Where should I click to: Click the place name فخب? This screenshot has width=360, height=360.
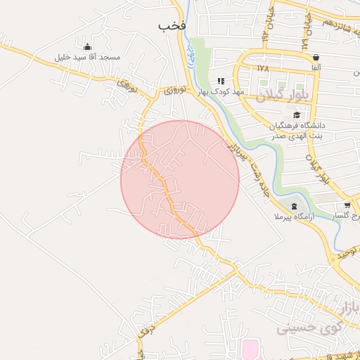(172, 25)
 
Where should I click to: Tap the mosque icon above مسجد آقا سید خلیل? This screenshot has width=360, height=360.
(86, 46)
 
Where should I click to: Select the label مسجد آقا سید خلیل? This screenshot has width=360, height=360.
(90, 56)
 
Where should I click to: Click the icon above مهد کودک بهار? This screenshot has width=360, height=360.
(221, 82)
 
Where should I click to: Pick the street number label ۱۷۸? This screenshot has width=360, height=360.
(263, 69)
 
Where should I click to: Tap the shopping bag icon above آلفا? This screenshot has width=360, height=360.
(316, 57)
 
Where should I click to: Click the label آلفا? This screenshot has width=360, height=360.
(316, 67)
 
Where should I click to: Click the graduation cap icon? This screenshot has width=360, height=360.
(297, 115)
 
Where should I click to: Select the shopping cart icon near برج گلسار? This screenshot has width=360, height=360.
(347, 205)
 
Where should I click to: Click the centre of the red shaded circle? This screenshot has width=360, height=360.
(180, 179)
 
